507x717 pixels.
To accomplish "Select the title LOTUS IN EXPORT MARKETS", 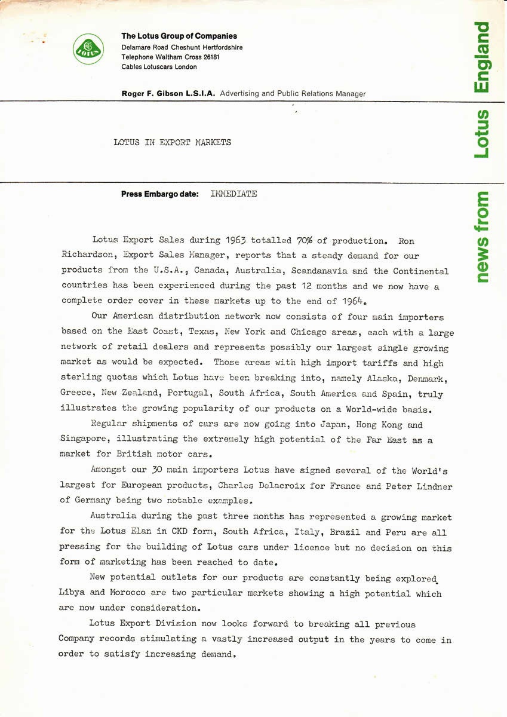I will tap(172, 143).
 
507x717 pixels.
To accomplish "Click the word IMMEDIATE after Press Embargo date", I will tap(233, 194).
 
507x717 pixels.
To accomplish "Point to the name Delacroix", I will tap(280, 486).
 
